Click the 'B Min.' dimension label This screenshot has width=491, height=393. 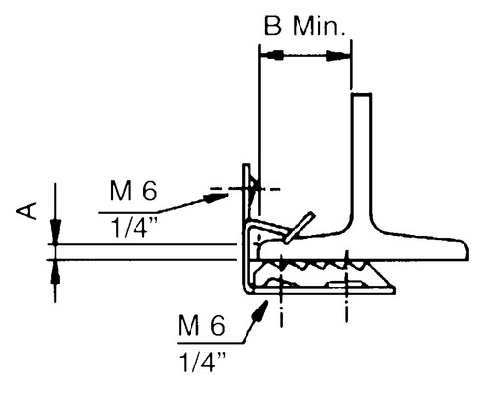[x=303, y=26]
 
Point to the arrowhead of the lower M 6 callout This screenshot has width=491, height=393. [x=263, y=306]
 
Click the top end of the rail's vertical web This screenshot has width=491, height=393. [x=360, y=95]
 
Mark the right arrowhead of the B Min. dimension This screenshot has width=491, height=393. [x=339, y=56]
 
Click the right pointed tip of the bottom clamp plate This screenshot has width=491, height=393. [x=394, y=289]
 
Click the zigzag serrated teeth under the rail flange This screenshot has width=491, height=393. [x=314, y=265]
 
